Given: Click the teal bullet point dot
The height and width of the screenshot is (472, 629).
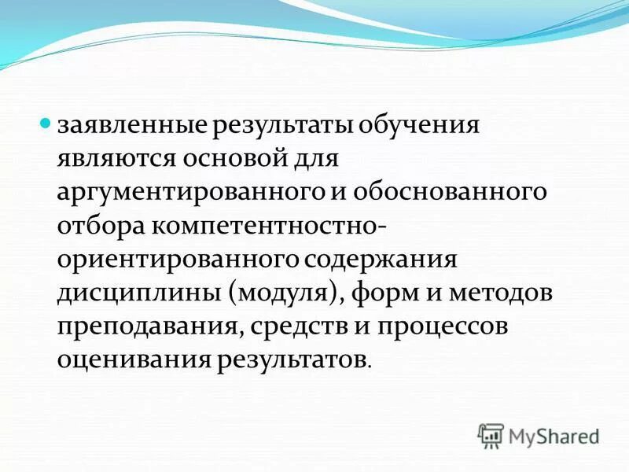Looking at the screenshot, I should [46, 124].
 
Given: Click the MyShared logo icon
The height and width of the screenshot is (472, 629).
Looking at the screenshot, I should [491, 434].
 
